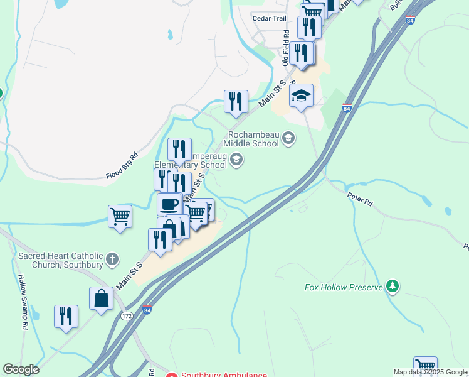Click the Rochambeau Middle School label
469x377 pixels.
click(x=253, y=138)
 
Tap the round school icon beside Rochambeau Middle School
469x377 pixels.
click(x=288, y=138)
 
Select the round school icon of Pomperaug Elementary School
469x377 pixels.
click(x=236, y=159)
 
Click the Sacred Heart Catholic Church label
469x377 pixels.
click(x=60, y=260)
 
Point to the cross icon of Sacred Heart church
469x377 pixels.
click(x=112, y=259)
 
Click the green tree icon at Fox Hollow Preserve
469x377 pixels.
click(x=393, y=287)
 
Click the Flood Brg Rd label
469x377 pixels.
click(x=122, y=166)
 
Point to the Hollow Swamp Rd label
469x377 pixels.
click(x=21, y=302)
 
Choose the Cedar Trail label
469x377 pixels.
click(x=269, y=18)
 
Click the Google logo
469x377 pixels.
click(x=21, y=369)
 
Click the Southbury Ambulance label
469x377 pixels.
click(x=224, y=375)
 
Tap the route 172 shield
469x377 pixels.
click(x=127, y=315)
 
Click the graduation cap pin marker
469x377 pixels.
click(x=302, y=96)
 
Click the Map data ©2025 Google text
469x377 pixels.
click(x=430, y=372)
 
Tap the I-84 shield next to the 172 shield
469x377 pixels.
click(x=146, y=310)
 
